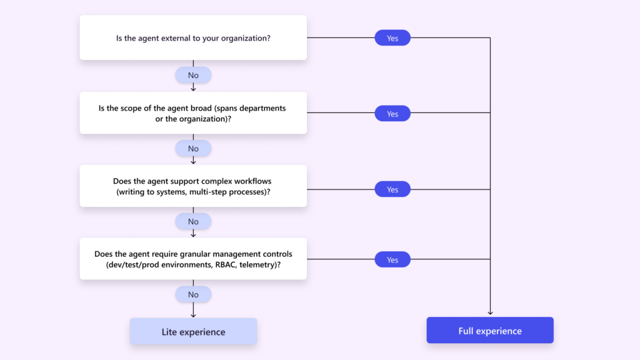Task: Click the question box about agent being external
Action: click(x=193, y=38)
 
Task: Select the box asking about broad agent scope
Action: click(x=193, y=113)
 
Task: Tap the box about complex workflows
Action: click(x=193, y=186)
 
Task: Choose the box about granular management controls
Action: click(x=193, y=259)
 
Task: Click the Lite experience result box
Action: click(x=193, y=331)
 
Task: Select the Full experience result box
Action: click(x=490, y=331)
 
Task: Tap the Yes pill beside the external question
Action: click(x=392, y=38)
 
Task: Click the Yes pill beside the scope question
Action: click(x=392, y=114)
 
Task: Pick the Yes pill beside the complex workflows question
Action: click(x=392, y=189)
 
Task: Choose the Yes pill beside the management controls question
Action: click(x=392, y=259)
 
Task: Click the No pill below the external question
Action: click(x=193, y=75)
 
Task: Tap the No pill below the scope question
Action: click(x=193, y=148)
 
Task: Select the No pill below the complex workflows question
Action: click(x=193, y=221)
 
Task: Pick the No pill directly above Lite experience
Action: click(x=193, y=294)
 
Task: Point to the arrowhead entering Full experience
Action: click(x=490, y=312)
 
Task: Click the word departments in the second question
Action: click(x=263, y=108)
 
